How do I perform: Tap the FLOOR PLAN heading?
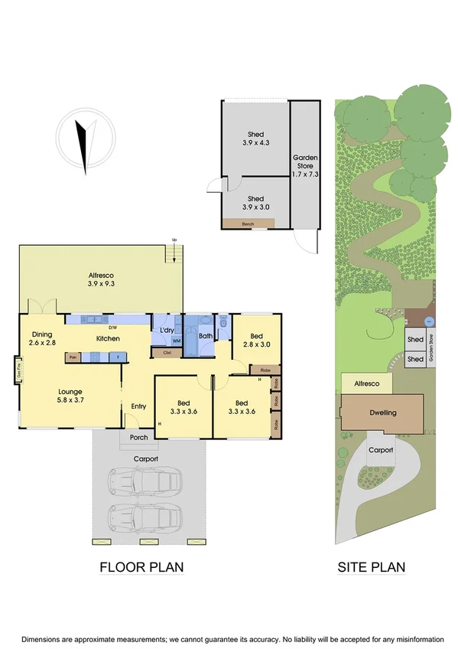(141, 567)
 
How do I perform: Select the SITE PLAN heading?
(372, 567)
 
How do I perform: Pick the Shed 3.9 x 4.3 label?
(255, 139)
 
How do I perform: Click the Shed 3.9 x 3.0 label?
(255, 203)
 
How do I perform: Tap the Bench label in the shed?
(248, 224)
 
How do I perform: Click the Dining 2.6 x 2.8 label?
(42, 338)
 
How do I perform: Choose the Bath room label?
(206, 335)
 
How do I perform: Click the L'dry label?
(167, 331)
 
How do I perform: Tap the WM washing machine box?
(176, 341)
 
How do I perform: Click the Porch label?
(139, 439)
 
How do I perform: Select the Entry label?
(138, 406)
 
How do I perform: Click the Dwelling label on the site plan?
(383, 413)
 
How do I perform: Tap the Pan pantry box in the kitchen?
(73, 357)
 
